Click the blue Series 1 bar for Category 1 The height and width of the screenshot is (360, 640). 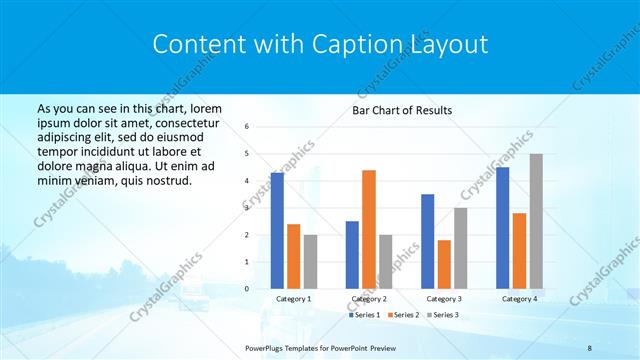tap(277, 231)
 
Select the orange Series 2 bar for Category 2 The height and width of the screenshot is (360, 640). tap(369, 229)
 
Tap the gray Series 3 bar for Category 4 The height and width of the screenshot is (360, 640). tap(536, 221)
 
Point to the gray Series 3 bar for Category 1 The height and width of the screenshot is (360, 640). tap(310, 262)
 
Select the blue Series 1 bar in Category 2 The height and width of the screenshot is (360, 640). tap(352, 255)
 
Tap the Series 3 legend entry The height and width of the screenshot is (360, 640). tap(442, 315)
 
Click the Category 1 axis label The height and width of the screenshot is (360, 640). tap(293, 298)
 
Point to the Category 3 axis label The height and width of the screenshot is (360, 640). tap(444, 298)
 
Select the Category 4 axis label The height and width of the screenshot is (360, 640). tap(519, 298)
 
